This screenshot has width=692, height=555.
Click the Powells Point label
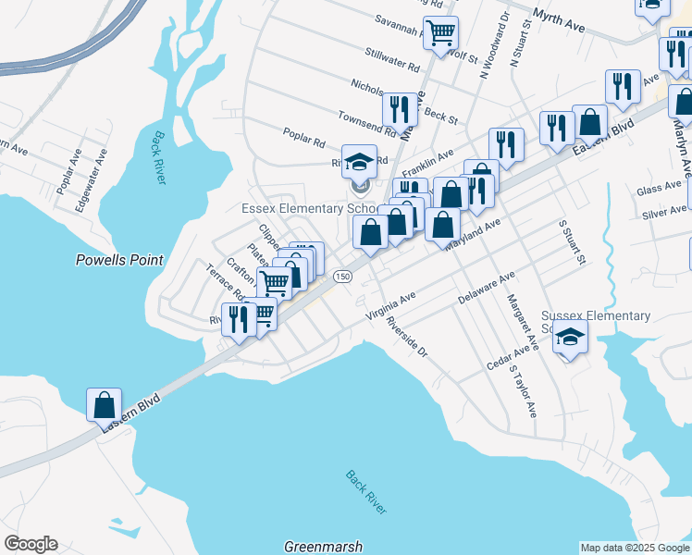[119, 261]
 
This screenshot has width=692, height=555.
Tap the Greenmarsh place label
[323, 547]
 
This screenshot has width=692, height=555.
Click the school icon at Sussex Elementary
[571, 338]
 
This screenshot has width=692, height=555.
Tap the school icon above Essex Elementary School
[360, 162]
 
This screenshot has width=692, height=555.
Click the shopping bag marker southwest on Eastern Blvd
[104, 404]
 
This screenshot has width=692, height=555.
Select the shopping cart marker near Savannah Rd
[441, 32]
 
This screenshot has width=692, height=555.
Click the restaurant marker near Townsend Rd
[401, 110]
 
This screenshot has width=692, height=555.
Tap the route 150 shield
[342, 277]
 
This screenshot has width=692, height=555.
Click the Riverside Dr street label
[408, 339]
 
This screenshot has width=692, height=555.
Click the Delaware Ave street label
[486, 290]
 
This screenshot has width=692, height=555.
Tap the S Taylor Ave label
[523, 390]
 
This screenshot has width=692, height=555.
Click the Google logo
[31, 544]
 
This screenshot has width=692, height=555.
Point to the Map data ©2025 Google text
[634, 548]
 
